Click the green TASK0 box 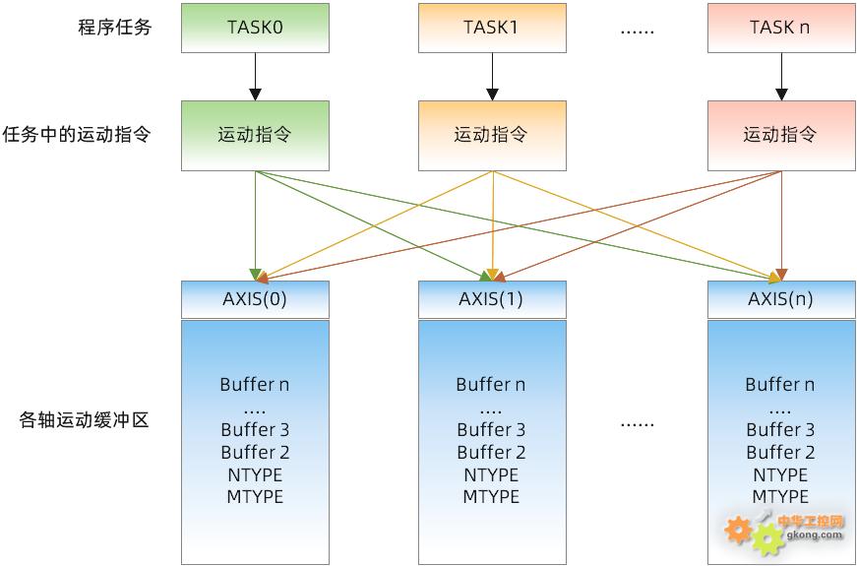255,28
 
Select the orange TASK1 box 491,28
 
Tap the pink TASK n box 780,28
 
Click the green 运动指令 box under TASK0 255,135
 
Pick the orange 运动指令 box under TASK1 491,135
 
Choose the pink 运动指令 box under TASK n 780,135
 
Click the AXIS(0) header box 255,299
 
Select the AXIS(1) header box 491,299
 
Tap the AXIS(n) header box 780,299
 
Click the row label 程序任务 115,28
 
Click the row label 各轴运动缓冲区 84,421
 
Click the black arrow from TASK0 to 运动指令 255,76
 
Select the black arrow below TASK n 781,76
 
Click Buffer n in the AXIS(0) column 255,385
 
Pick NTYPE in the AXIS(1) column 491,474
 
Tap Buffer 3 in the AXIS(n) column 780,430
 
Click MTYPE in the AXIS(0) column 255,497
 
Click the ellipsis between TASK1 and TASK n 637,30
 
